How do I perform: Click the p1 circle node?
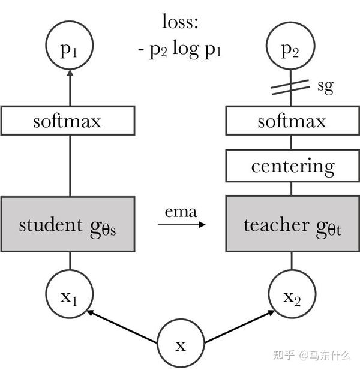click(70, 49)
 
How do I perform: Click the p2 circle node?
click(292, 49)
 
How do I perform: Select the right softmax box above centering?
click(292, 121)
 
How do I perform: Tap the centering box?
click(292, 166)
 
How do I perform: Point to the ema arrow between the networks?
click(181, 225)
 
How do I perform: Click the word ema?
click(181, 211)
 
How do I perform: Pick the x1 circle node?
click(70, 295)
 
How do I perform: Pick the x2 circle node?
click(292, 295)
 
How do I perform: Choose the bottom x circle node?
click(181, 345)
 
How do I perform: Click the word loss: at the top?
click(179, 22)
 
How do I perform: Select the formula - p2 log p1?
click(179, 49)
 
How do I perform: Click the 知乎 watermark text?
click(283, 354)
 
